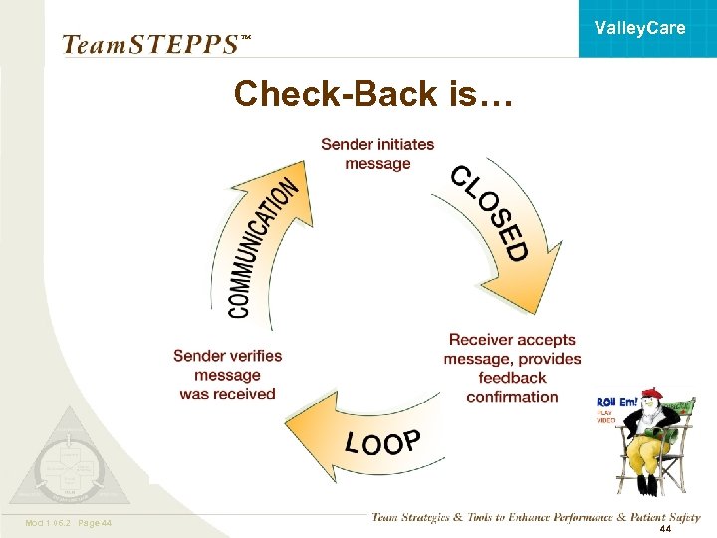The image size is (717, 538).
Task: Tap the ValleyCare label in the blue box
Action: pos(639,28)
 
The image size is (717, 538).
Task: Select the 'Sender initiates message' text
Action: pos(377,154)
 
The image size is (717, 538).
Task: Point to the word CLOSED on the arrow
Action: pos(488,213)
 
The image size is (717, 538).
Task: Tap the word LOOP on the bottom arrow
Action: pos(383,442)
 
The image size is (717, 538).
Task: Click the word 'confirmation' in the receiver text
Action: pos(512,397)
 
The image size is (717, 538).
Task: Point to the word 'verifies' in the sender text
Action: pos(250,356)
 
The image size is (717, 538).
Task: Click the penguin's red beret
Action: pos(652,392)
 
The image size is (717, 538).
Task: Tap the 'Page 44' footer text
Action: pos(93,523)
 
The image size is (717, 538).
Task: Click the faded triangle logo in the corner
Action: pos(68,458)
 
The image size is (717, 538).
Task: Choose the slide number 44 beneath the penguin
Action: pos(665,528)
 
